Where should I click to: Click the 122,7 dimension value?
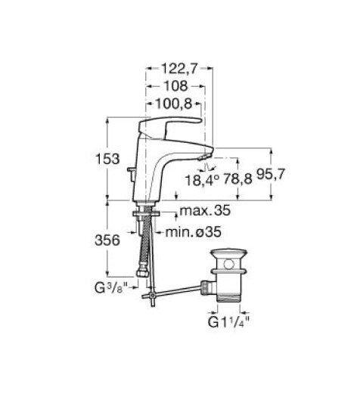(x=179, y=69)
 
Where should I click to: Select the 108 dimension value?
(x=176, y=86)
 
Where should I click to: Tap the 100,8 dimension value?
(x=174, y=104)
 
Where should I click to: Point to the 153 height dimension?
(x=107, y=159)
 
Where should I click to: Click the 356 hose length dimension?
(x=107, y=240)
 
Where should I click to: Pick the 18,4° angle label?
(x=203, y=180)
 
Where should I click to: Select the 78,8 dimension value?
(x=237, y=178)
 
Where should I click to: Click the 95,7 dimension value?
(x=271, y=175)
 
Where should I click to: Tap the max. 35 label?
(x=205, y=211)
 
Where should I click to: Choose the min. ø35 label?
(x=193, y=232)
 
